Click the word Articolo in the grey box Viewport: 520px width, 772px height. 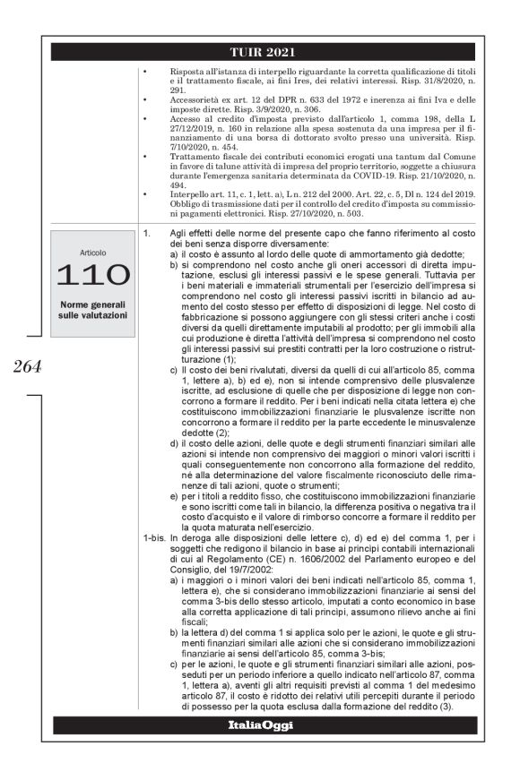pyautogui.click(x=92, y=253)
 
